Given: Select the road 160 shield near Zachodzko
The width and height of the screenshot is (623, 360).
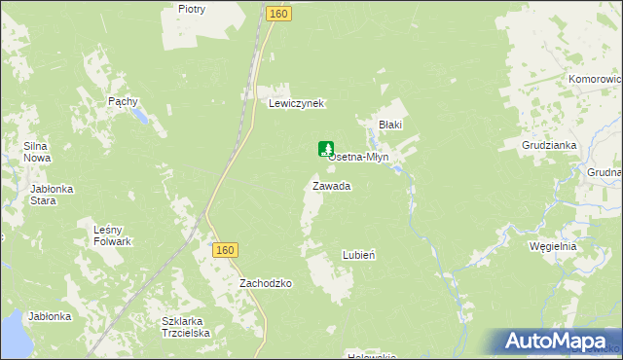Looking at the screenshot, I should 225,250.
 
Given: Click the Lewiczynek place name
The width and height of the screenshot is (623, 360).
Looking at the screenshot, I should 296,103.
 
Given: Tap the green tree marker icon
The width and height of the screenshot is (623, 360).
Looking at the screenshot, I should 325,149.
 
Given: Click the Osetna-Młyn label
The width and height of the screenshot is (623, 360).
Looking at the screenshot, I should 360,157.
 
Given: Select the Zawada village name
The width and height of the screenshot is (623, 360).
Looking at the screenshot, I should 331,185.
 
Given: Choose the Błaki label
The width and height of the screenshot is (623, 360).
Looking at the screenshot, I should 390,125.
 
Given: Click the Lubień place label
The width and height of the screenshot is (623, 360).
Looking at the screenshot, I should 359,254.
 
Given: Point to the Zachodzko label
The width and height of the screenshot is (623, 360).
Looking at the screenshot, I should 267,283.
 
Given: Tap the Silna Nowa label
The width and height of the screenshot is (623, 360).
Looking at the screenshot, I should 37,152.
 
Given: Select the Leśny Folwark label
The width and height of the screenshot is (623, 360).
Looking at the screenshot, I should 112,234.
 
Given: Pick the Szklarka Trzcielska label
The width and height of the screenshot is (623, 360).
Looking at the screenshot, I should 186,326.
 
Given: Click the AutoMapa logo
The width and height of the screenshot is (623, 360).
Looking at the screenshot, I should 559,342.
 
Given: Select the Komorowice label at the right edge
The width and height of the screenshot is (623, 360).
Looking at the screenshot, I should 596,79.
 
